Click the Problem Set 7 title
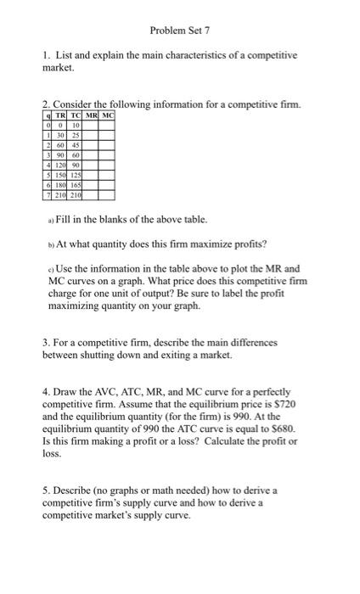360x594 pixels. coord(179,31)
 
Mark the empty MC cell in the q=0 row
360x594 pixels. coord(104,126)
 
